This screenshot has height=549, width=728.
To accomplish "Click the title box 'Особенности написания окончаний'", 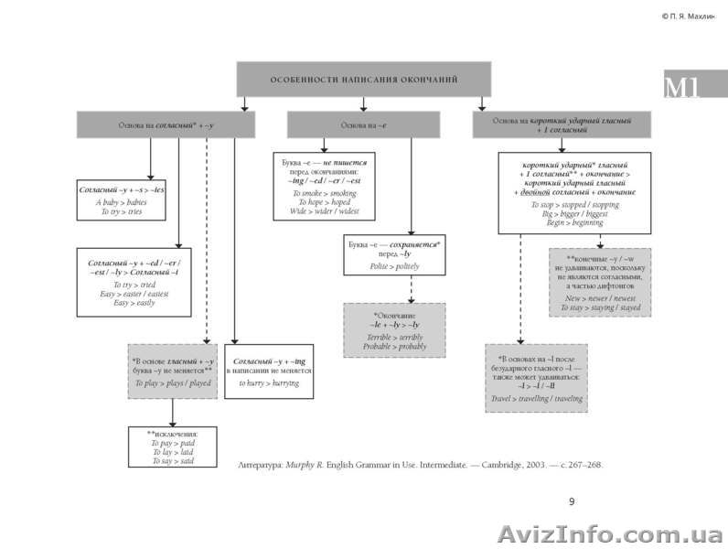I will tap(363, 80).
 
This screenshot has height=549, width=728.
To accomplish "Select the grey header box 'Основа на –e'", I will tap(363, 124).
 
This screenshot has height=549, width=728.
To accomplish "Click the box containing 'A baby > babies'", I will tap(122, 200).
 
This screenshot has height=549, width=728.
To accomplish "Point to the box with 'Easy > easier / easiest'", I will tap(134, 282).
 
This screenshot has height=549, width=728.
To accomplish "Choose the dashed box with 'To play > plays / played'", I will tap(172, 371).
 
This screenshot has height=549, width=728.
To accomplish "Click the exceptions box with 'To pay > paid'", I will tap(172, 447).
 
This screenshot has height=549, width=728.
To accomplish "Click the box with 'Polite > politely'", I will tap(394, 255).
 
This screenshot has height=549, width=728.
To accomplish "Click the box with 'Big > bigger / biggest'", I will tap(573, 193).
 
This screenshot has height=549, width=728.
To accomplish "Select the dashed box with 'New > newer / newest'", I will tap(599, 282).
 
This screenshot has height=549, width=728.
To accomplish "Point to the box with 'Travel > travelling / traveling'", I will tap(536, 378).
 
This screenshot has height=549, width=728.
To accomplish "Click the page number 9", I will tap(572, 501).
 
